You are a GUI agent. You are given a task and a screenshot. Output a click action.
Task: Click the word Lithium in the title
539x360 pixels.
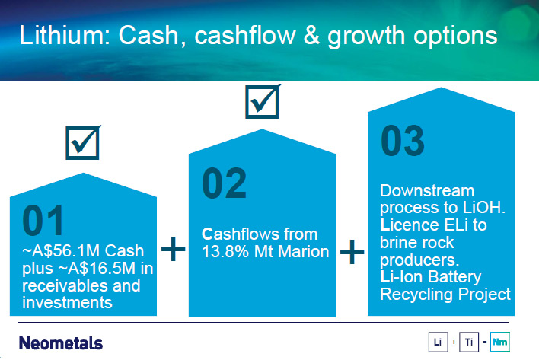(65, 35)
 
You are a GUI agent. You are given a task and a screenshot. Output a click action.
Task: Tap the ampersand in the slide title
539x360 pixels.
(311, 35)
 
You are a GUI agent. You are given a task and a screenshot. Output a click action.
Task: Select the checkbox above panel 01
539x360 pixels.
(83, 142)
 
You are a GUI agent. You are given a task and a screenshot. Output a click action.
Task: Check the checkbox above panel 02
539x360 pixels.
(263, 102)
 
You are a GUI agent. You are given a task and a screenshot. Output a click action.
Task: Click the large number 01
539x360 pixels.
(43, 220)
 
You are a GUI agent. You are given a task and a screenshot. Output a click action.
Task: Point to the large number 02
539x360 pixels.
(224, 183)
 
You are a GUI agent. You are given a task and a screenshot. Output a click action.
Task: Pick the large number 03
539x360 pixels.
(403, 141)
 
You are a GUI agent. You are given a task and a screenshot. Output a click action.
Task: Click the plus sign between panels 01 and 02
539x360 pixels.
(173, 248)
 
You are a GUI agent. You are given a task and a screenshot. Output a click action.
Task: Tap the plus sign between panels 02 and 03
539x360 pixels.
(352, 252)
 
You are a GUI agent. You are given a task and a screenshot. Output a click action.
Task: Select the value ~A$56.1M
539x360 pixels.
(62, 251)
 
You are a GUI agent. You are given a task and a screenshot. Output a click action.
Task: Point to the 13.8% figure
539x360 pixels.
(225, 252)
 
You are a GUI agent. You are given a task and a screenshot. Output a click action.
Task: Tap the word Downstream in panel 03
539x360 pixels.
(427, 191)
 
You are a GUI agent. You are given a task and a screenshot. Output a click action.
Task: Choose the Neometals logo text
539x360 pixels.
(61, 343)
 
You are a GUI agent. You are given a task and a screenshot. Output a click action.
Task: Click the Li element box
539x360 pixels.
(439, 342)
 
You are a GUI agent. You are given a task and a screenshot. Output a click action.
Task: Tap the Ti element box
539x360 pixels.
(469, 342)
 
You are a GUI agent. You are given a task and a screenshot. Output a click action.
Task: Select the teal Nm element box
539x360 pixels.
(500, 342)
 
